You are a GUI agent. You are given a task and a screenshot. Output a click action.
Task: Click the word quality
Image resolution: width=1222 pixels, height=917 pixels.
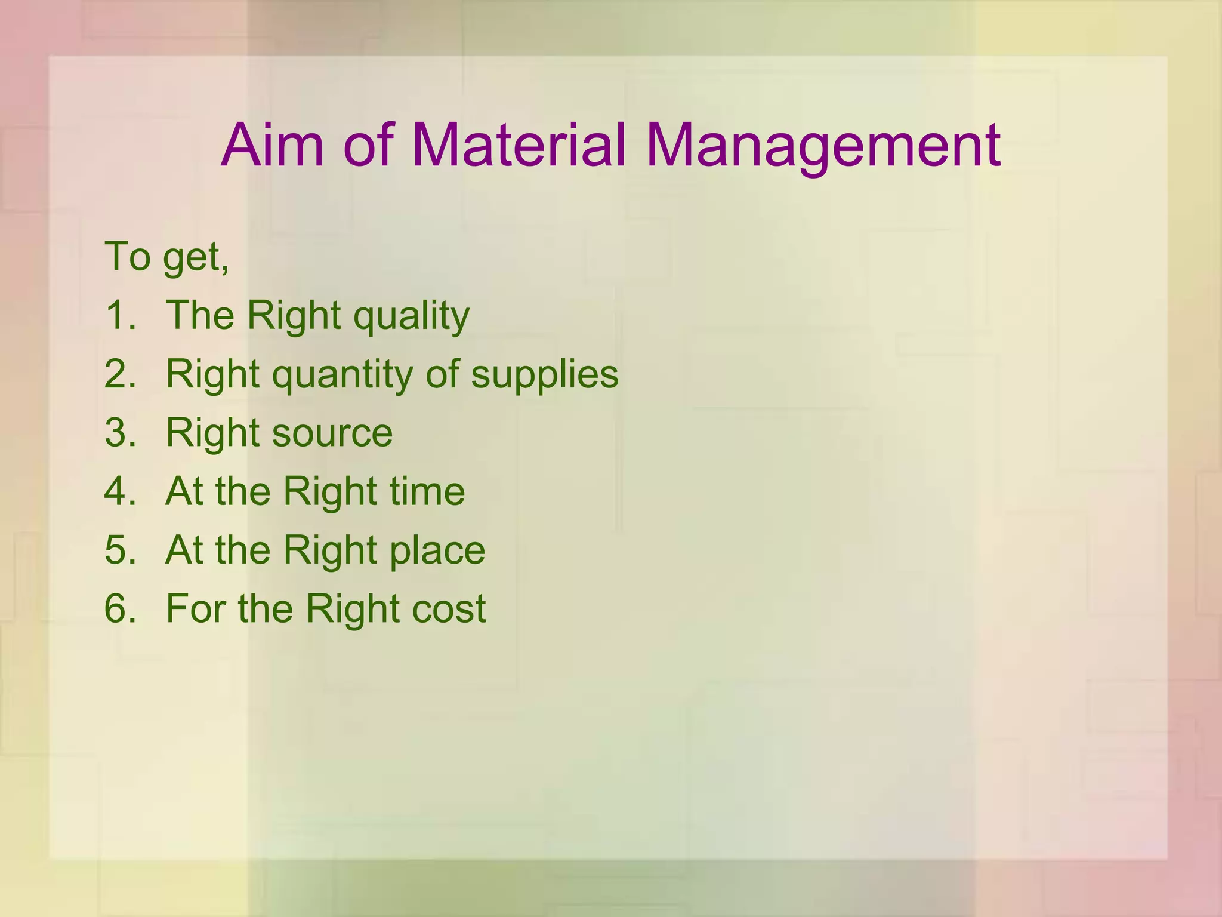(x=411, y=316)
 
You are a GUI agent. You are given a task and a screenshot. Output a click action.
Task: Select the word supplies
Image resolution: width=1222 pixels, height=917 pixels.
(x=544, y=376)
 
